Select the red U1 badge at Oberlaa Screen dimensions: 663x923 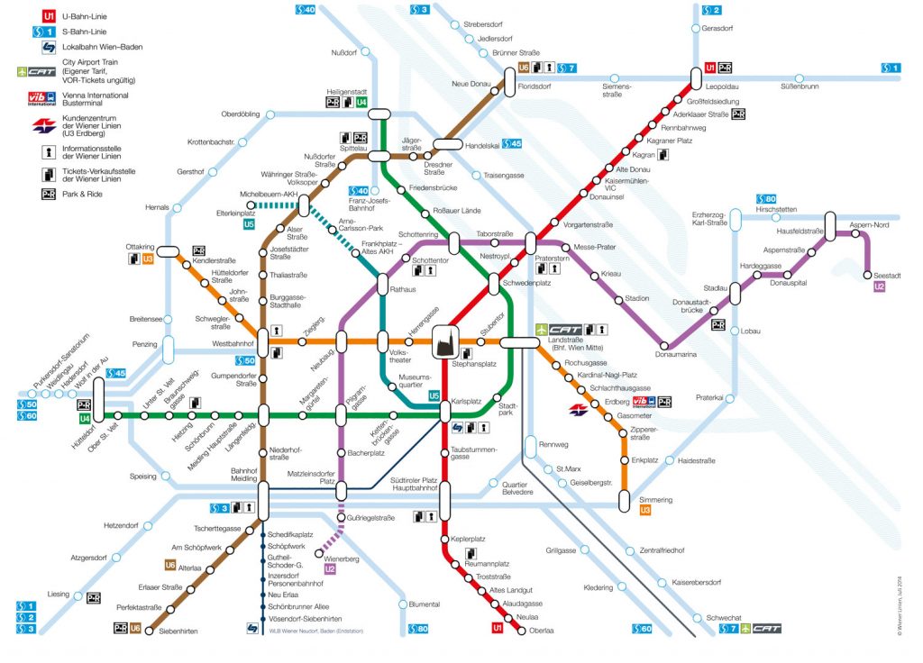point(497,627)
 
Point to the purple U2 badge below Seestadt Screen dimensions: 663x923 point(881,286)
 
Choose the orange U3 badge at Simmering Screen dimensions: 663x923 point(644,511)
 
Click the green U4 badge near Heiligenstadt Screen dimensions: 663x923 point(361,103)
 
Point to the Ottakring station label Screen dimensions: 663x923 point(140,246)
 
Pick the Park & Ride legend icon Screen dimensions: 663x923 point(47,194)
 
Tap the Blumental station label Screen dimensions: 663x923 point(424,604)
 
